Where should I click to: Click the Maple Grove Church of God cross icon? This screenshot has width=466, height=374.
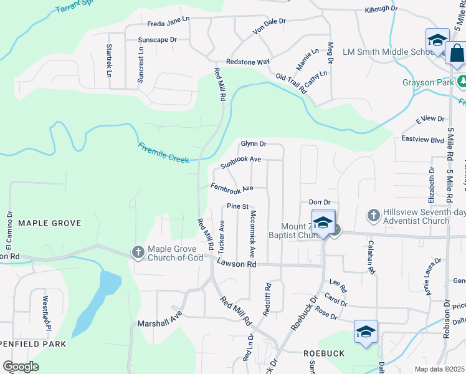pos(138,252)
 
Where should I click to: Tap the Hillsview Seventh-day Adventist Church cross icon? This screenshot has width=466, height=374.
pos(373,214)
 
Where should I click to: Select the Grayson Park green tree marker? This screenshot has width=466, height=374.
pos(462,82)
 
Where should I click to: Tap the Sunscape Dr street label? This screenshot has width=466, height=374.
pos(158,39)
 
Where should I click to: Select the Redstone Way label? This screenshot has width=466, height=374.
pos(247,62)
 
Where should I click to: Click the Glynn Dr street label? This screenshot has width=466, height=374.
pos(254,144)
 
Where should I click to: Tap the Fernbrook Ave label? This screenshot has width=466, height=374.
pos(232,188)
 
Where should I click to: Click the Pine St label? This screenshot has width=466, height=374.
pos(237,206)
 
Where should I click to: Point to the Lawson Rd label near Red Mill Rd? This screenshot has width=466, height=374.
pos(237,264)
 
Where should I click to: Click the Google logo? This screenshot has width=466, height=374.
pos(21,367)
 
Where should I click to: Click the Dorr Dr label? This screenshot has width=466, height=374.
pos(319,203)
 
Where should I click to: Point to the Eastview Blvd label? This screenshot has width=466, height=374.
pos(423,140)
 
